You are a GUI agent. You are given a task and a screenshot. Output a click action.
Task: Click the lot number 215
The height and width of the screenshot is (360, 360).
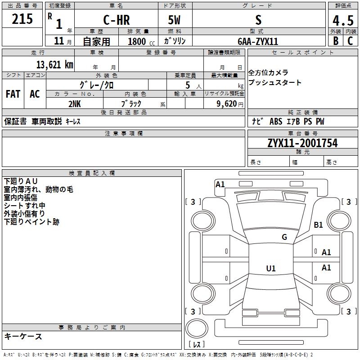pyautogui.click(x=22, y=19)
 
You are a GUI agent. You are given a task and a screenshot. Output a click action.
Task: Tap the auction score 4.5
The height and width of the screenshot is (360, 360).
pyautogui.click(x=342, y=22)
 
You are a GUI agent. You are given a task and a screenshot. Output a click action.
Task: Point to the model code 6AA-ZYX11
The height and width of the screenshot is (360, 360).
pyautogui.click(x=258, y=41)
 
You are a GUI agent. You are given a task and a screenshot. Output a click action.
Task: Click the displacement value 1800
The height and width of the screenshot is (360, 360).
pyautogui.click(x=137, y=41)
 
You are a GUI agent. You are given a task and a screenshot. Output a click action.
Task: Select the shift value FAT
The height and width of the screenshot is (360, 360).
pyautogui.click(x=13, y=94)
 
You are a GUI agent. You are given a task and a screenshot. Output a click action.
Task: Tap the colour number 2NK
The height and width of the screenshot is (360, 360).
pyautogui.click(x=75, y=103)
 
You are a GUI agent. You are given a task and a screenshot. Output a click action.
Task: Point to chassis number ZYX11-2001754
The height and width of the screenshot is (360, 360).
pyautogui.click(x=302, y=143)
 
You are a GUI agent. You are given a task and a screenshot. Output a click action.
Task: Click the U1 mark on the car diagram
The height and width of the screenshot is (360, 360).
pyautogui.click(x=270, y=269)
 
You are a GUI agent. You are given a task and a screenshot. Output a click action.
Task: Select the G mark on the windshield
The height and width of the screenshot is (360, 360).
pyautogui.click(x=284, y=237)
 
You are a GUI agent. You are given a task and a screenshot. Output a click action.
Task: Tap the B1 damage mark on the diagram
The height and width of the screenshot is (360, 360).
pyautogui.click(x=319, y=225)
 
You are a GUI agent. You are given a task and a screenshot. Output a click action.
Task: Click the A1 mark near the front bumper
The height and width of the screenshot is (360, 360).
pyautogui.click(x=220, y=184)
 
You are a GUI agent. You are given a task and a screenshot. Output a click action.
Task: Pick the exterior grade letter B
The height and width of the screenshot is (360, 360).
pyautogui.click(x=336, y=40)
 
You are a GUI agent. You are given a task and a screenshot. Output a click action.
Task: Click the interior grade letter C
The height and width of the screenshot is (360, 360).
pyautogui.click(x=351, y=40)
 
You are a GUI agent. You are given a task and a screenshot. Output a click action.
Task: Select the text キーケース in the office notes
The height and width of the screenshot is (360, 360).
pyautogui.click(x=23, y=336)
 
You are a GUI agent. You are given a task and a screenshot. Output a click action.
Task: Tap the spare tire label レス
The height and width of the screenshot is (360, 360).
pyautogui.click(x=197, y=345)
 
